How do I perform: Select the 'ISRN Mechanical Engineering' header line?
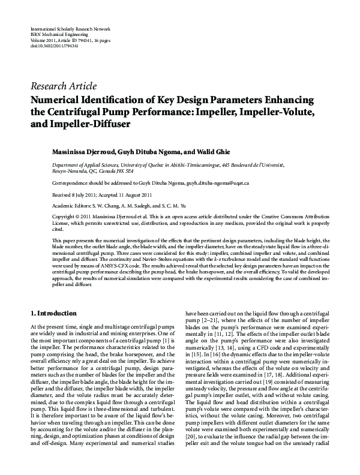(x=61, y=35)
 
